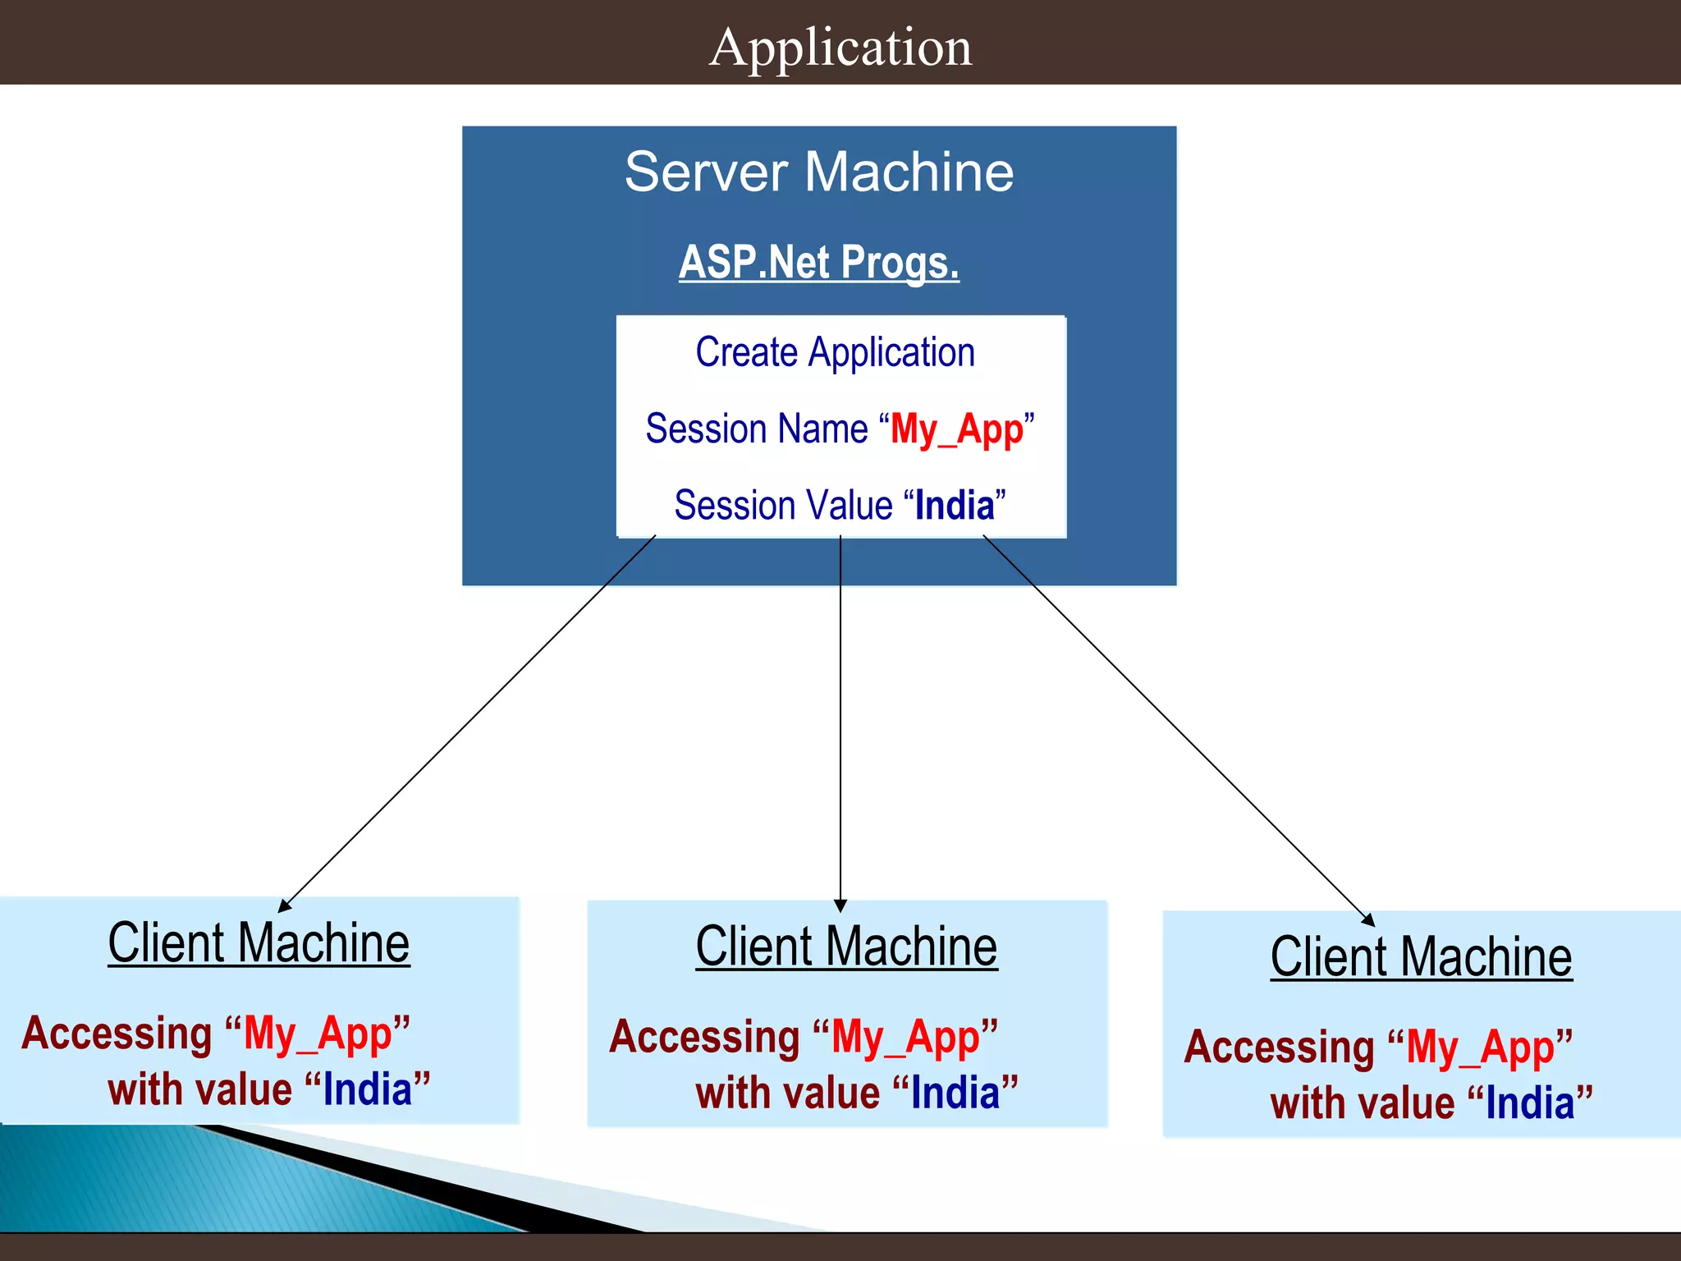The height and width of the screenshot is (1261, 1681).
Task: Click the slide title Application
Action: click(x=840, y=47)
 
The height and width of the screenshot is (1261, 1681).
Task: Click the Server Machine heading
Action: click(x=818, y=172)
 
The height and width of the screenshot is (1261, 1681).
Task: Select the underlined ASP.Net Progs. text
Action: click(x=818, y=263)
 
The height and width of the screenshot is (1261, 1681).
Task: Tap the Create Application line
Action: click(x=835, y=353)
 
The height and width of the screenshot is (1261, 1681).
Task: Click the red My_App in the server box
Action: click(x=957, y=429)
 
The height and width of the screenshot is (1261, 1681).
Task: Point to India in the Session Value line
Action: click(x=955, y=505)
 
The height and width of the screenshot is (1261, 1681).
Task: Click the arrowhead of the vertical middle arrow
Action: click(x=840, y=906)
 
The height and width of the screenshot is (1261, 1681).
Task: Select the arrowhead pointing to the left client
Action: click(x=285, y=906)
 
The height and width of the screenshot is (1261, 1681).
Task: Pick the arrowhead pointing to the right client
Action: click(x=1367, y=919)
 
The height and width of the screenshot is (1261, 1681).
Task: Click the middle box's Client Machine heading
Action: click(x=846, y=947)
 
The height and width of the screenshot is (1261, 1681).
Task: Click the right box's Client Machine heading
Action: click(x=1421, y=957)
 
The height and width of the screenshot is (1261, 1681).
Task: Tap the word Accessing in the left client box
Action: click(x=117, y=1033)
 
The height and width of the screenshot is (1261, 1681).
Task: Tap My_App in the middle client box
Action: click(x=905, y=1037)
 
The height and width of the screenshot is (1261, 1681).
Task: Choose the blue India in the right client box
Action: click(x=1530, y=1103)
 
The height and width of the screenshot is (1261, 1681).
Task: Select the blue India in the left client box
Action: click(x=368, y=1089)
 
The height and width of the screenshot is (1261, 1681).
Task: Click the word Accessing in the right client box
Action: click(x=1279, y=1047)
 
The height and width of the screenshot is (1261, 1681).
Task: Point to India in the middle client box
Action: click(x=955, y=1094)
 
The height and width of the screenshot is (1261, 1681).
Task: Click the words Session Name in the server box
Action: click(x=756, y=429)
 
